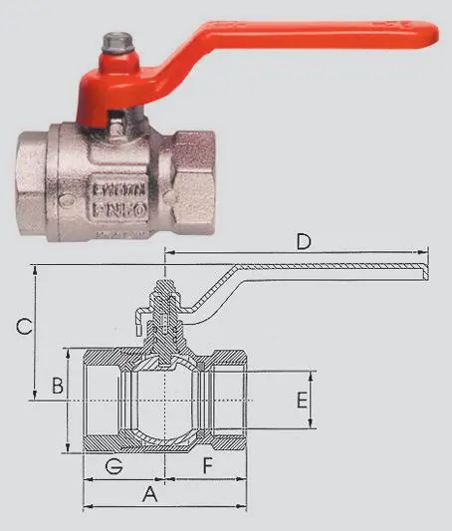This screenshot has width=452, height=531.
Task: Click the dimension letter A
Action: click(150, 493)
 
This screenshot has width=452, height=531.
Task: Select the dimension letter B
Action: click(58, 385)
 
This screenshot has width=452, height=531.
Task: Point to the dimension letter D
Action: click(305, 242)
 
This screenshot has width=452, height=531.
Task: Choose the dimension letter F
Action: click(207, 464)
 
